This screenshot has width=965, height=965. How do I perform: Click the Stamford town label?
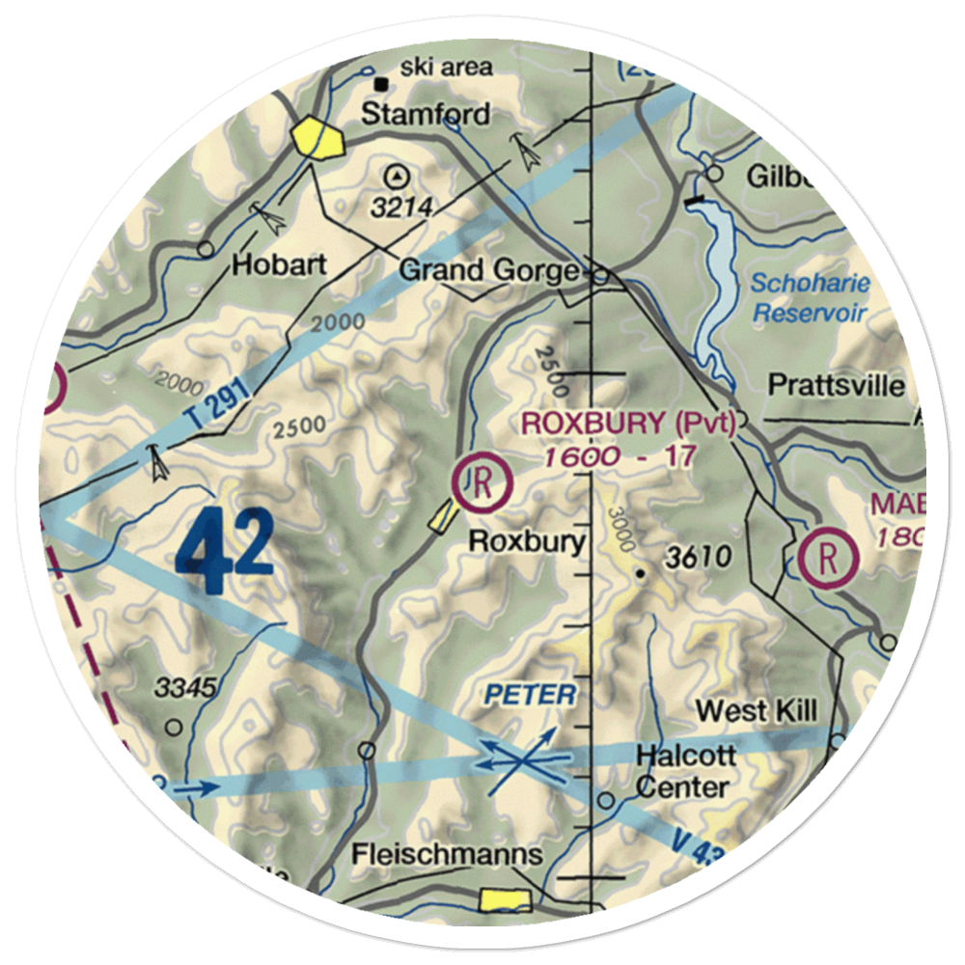pyautogui.click(x=426, y=115)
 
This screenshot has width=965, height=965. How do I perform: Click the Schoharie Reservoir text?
pyautogui.click(x=811, y=298)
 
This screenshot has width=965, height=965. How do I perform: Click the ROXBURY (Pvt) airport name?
pyautogui.click(x=628, y=423)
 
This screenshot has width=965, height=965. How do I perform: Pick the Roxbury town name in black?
pyautogui.click(x=527, y=541)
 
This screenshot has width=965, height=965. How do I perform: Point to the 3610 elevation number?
pyautogui.click(x=698, y=557)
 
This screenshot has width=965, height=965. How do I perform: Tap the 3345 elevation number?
pyautogui.click(x=187, y=688)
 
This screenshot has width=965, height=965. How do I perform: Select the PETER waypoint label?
pyautogui.click(x=530, y=695)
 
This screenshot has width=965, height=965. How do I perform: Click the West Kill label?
pyautogui.click(x=757, y=712)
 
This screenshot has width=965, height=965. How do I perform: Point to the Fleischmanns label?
pyautogui.click(x=447, y=855)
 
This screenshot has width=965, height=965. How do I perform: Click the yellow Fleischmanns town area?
pyautogui.click(x=506, y=900)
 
